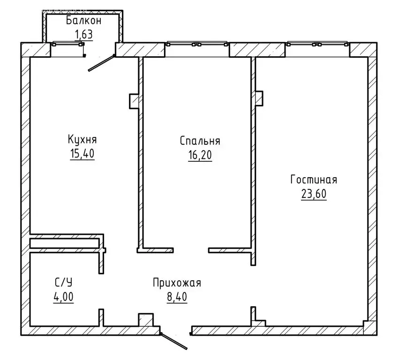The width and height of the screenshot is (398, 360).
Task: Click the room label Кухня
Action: click(x=82, y=140)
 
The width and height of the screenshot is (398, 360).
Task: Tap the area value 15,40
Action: click(x=82, y=154)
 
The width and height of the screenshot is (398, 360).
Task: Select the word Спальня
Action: click(x=200, y=141)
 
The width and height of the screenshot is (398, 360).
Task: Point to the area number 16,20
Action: click(x=200, y=155)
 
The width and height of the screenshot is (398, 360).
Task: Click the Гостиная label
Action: click(x=314, y=180)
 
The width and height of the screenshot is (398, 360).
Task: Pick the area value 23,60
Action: click(x=314, y=194)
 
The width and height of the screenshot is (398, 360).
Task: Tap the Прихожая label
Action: click(x=177, y=283)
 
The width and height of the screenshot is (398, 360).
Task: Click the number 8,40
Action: click(x=177, y=297)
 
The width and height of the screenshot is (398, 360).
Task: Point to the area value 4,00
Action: click(x=63, y=296)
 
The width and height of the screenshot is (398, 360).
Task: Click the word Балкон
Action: click(x=84, y=21)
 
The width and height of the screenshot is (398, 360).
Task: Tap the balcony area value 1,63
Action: click(x=84, y=34)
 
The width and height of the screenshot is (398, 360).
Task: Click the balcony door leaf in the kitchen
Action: click(x=102, y=63)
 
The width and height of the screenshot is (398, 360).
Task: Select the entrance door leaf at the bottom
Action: click(x=174, y=341)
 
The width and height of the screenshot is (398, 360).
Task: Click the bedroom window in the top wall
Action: click(x=197, y=44)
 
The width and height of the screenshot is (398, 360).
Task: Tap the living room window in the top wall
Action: click(x=317, y=44)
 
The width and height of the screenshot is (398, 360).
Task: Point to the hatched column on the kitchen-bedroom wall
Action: click(x=134, y=101)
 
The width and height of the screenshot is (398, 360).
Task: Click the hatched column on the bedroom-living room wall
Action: click(x=259, y=98)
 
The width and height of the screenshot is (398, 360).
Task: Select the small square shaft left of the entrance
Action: click(x=146, y=320)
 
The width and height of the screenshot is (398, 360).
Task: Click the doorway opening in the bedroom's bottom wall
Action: click(x=191, y=250)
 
